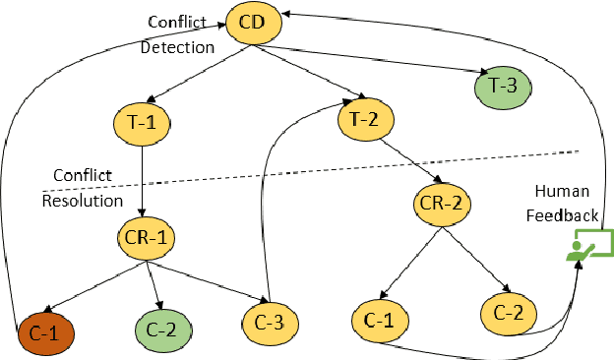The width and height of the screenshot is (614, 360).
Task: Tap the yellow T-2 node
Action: click(365, 120)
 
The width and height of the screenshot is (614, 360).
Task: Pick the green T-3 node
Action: click(503, 86)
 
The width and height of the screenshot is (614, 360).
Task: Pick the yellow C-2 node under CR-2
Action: click(510, 312)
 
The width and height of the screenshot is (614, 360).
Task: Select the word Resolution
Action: click(82, 201)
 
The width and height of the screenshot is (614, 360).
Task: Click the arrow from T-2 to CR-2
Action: click(406, 161)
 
